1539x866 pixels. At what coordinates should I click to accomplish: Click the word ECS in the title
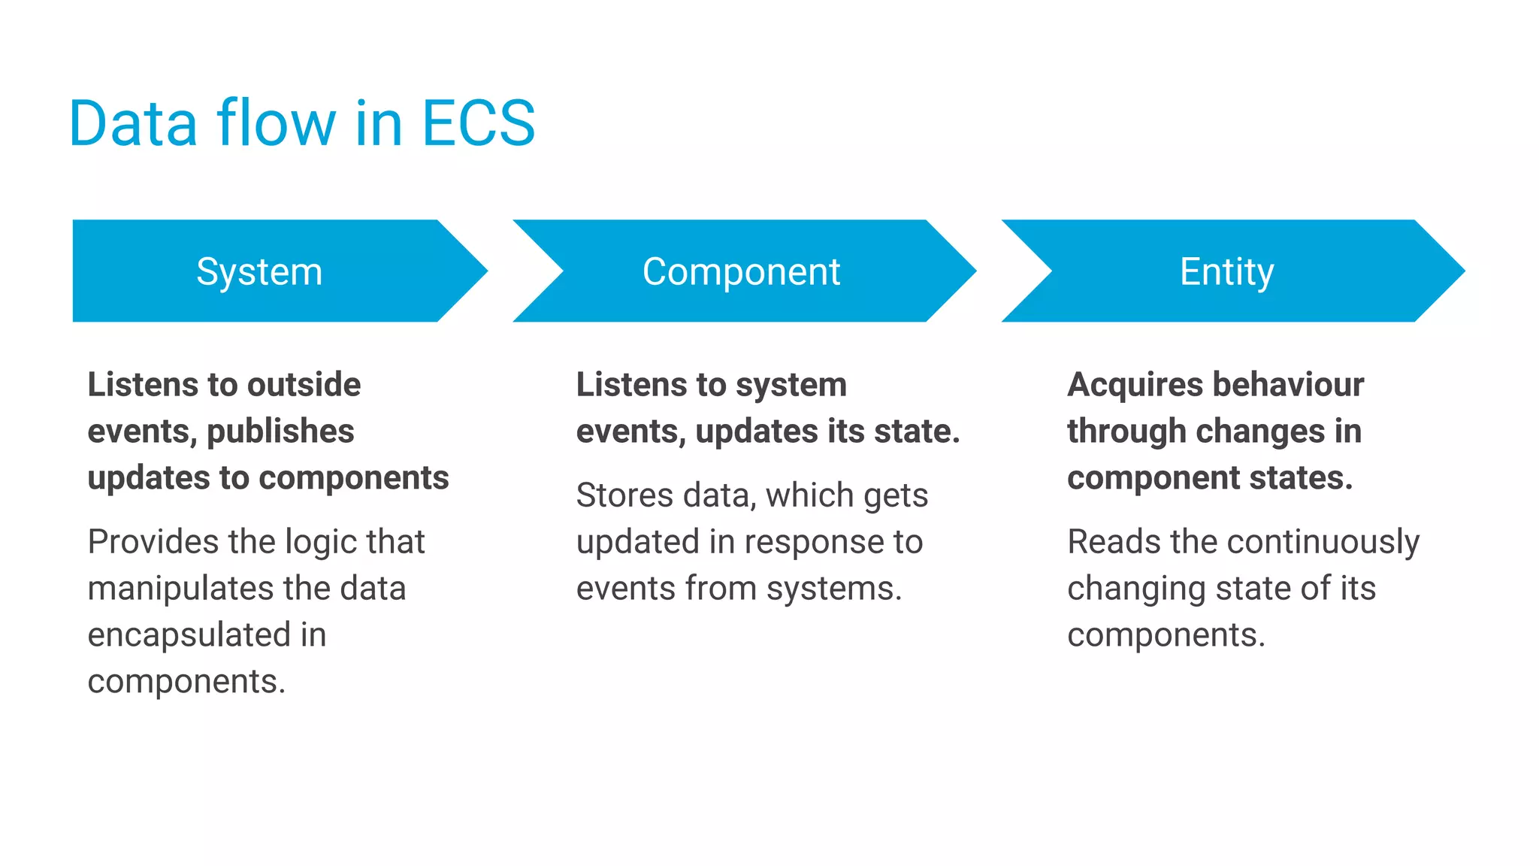click(x=478, y=123)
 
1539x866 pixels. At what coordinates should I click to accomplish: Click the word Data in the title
click(x=133, y=123)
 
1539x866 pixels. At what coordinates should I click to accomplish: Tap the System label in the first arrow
click(x=259, y=271)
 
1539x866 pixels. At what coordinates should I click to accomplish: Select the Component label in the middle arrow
click(x=741, y=271)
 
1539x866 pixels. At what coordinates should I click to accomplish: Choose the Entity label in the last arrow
click(x=1226, y=271)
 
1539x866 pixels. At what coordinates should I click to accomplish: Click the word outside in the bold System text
click(x=304, y=385)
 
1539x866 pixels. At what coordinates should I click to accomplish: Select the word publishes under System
click(x=280, y=431)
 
